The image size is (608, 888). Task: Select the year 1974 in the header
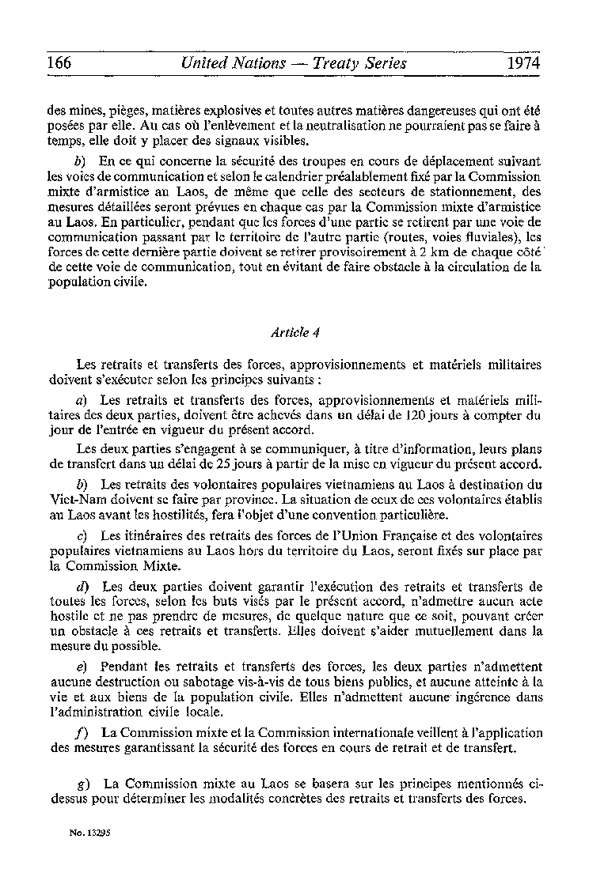click(x=524, y=62)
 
